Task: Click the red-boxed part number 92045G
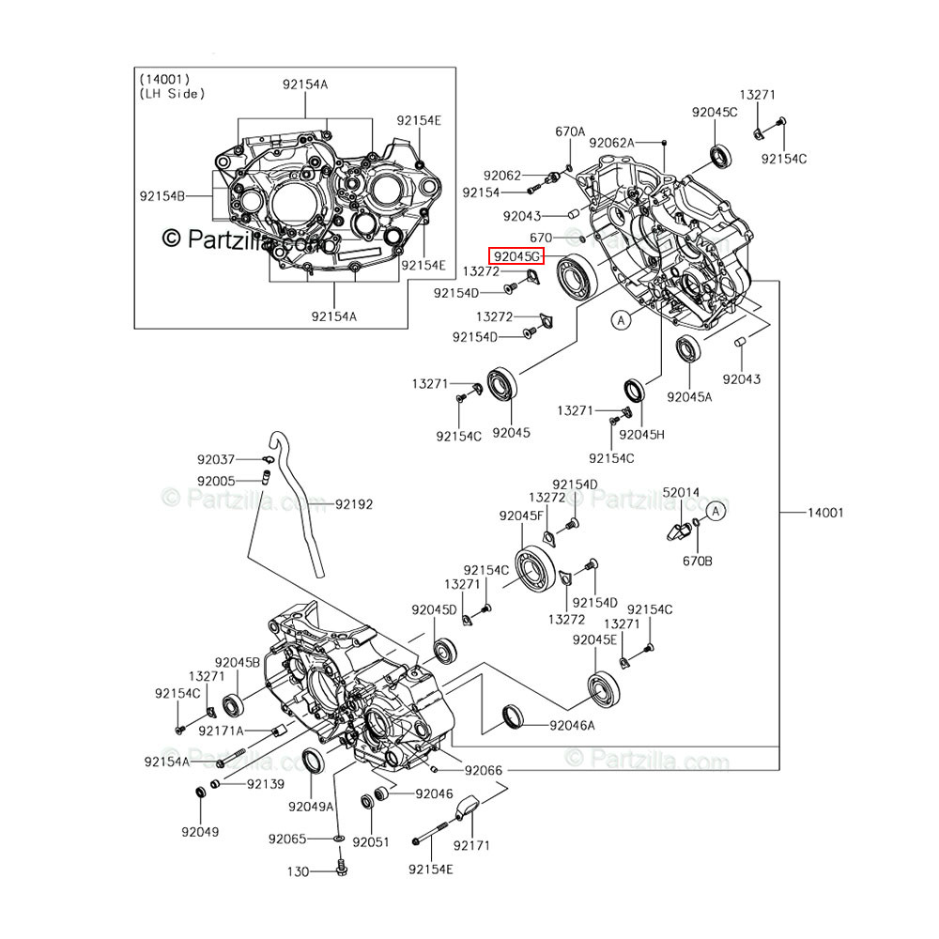[x=516, y=255]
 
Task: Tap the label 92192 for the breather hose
[x=353, y=504]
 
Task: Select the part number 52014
[x=682, y=492]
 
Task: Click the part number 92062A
[x=612, y=143]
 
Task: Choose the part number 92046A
[x=574, y=725]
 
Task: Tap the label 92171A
[x=224, y=730]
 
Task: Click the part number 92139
[x=266, y=782]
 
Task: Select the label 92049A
[x=311, y=807]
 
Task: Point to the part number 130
[x=298, y=872]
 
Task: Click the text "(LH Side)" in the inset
[x=172, y=93]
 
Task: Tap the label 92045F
[x=521, y=516]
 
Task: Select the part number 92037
[x=216, y=459]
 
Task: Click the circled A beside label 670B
[x=715, y=511]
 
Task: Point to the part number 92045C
[x=715, y=112]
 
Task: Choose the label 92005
[x=216, y=481]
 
